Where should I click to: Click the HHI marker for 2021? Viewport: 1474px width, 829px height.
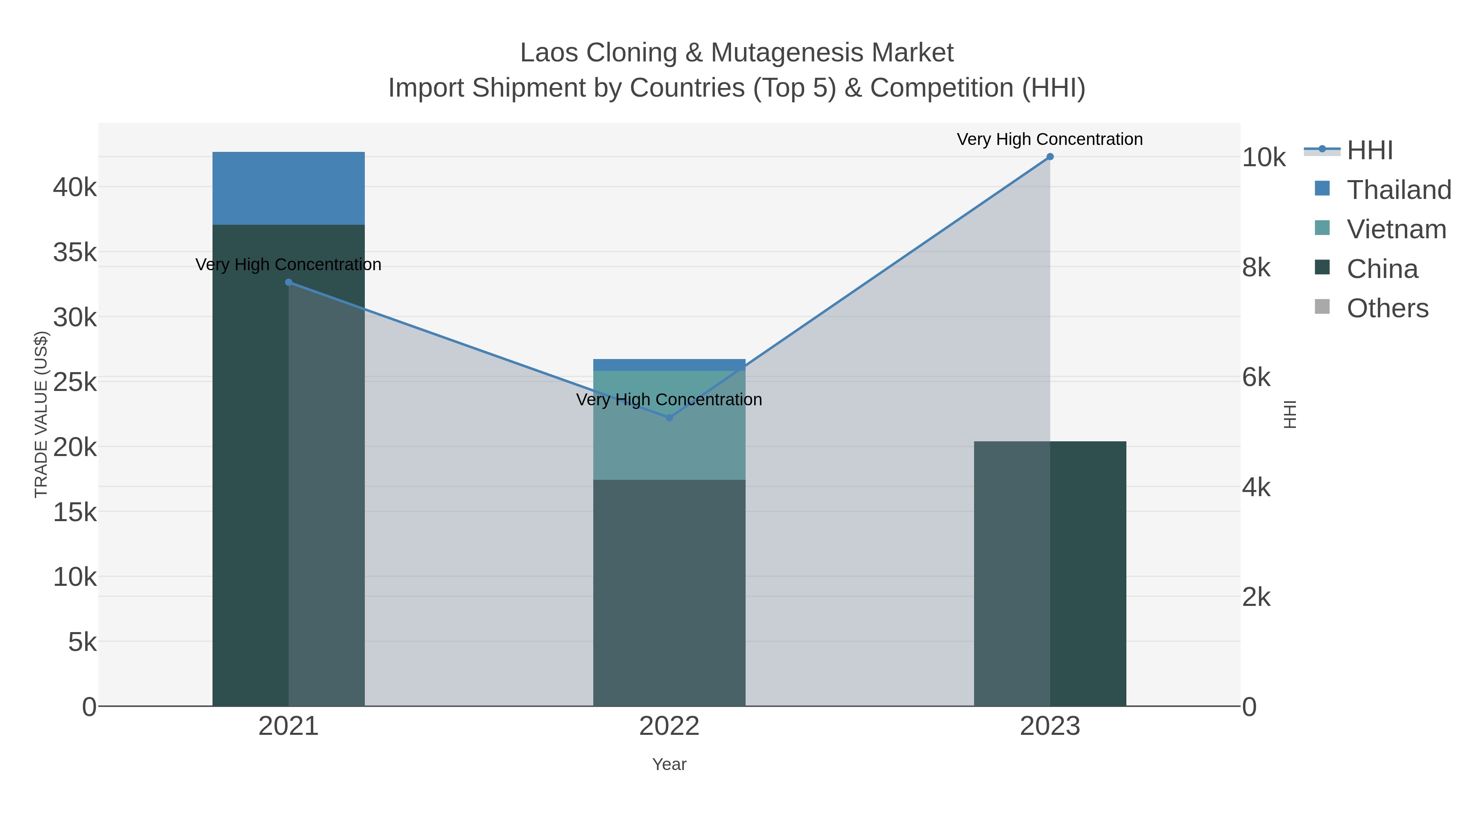[288, 282]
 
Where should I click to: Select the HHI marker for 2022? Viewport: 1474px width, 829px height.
[669, 418]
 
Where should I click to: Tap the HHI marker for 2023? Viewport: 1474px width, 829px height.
[1050, 157]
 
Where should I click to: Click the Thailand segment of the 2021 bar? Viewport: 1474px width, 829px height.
[288, 188]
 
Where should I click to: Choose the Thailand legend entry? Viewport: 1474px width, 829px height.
[1399, 190]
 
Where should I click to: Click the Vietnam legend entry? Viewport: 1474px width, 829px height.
[1396, 229]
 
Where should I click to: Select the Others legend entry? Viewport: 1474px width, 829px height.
[1387, 308]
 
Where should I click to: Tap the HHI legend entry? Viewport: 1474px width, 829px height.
[1369, 151]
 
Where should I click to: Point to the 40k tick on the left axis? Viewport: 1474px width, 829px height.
[75, 187]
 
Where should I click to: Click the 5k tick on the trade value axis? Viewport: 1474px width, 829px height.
[82, 642]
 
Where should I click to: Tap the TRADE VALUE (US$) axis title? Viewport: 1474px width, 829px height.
[41, 414]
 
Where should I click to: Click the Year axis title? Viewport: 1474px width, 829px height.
[669, 764]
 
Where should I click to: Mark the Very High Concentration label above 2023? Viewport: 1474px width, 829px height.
[1049, 140]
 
